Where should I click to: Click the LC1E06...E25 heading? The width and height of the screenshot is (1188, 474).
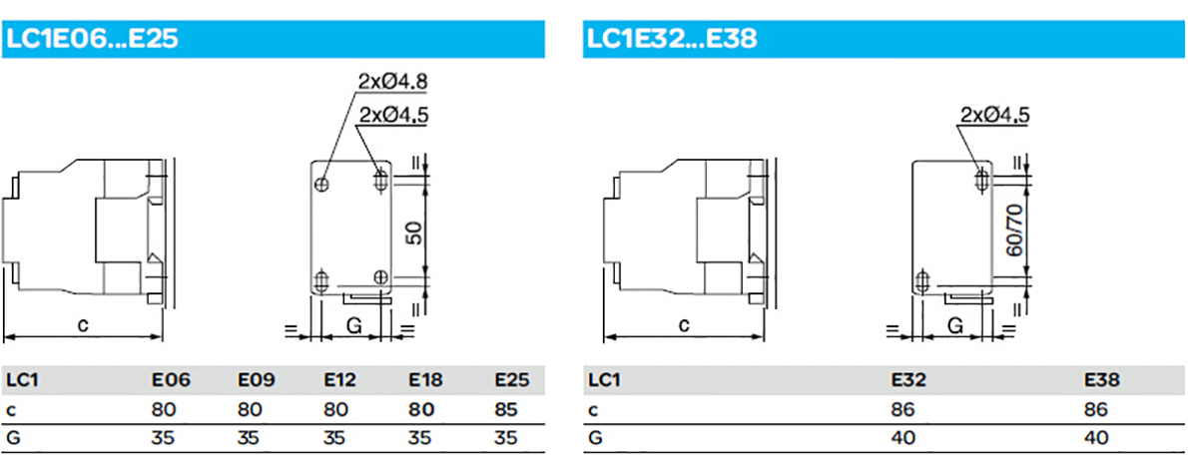92,39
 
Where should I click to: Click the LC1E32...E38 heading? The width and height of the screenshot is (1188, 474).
671,39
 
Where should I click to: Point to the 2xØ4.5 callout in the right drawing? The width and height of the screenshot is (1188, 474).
994,115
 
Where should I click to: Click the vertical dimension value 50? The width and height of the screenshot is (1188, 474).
415,232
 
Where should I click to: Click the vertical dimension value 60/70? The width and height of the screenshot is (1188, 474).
1016,231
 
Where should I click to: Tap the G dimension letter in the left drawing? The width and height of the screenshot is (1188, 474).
353,326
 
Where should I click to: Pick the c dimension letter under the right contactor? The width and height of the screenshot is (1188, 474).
684,325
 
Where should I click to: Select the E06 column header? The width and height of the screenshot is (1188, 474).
164,380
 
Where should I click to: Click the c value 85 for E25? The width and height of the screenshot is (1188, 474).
505,410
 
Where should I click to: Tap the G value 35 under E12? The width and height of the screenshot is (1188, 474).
336,438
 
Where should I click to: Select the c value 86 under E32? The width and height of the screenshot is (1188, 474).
902,410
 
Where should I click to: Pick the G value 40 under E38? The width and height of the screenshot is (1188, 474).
1095,438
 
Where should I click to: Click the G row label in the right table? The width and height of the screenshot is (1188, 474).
594,438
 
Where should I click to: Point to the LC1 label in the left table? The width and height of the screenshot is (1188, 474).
20,380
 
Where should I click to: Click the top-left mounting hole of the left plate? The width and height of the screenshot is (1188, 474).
322,184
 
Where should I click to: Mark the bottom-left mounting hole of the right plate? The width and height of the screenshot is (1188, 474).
922,282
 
